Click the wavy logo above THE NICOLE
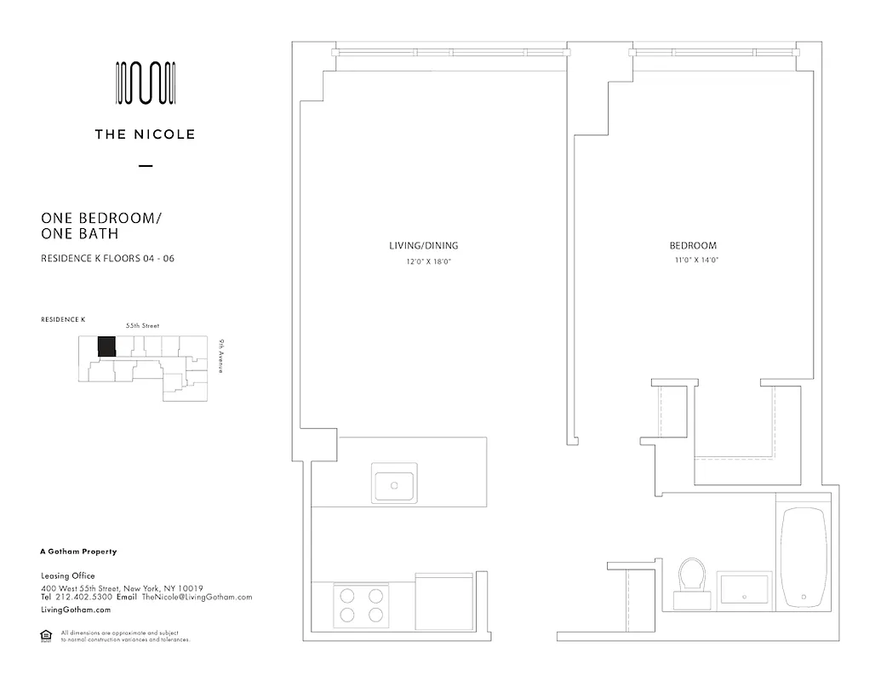pos(146,83)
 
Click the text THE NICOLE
pos(146,134)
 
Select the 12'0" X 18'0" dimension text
pos(427,261)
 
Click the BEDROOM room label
pos(693,246)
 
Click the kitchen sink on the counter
pos(394,484)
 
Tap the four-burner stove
pos(360,605)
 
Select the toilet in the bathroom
pos(693,581)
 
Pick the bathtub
pos(804,558)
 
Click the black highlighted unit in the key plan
pos(106,347)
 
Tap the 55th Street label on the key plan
pos(142,326)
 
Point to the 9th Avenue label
pos(220,357)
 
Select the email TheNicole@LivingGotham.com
pos(197,598)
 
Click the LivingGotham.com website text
pos(76,610)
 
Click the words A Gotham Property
pos(78,552)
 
